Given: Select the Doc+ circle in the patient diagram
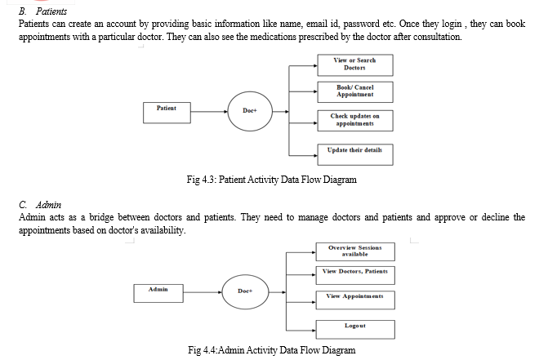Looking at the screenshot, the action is [250, 111].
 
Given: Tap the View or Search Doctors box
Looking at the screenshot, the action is [355, 65].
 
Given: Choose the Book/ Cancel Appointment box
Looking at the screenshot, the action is [355, 92].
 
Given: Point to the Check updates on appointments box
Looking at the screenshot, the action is [355, 121].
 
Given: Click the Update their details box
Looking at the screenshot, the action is [355, 154].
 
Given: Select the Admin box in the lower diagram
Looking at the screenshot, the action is [158, 293].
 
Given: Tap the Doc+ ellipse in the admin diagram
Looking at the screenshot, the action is [245, 291].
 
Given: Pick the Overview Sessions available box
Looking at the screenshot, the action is [355, 251].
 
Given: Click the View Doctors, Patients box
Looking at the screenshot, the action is [355, 275].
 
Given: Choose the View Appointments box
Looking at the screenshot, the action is [355, 300].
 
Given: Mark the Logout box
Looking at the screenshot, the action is [355, 330].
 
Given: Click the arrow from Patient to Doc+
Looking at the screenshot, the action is [209, 112].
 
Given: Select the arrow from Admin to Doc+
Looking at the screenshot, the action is [203, 292].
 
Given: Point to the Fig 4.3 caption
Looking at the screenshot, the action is [272, 180].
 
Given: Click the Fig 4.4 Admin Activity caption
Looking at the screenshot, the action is [272, 350].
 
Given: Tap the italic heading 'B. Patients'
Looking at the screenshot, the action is [42, 11].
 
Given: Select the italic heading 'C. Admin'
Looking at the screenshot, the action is [40, 205].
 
